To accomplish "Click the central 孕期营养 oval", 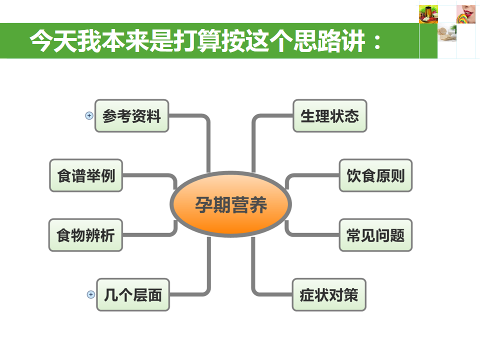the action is (230, 205).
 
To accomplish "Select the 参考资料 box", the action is (132, 116).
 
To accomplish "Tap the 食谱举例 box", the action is (86, 175).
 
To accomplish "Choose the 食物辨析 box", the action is (86, 235).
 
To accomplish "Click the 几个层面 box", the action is (133, 294).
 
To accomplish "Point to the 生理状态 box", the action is (329, 116).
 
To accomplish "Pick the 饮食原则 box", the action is (375, 175).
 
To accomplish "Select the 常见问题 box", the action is (375, 235).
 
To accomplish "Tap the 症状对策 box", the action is (329, 294).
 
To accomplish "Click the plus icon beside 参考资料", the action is (89, 115).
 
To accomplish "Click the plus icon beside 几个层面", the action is (90, 294).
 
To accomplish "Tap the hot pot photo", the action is (428, 14).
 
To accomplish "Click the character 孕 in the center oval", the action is (203, 205).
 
